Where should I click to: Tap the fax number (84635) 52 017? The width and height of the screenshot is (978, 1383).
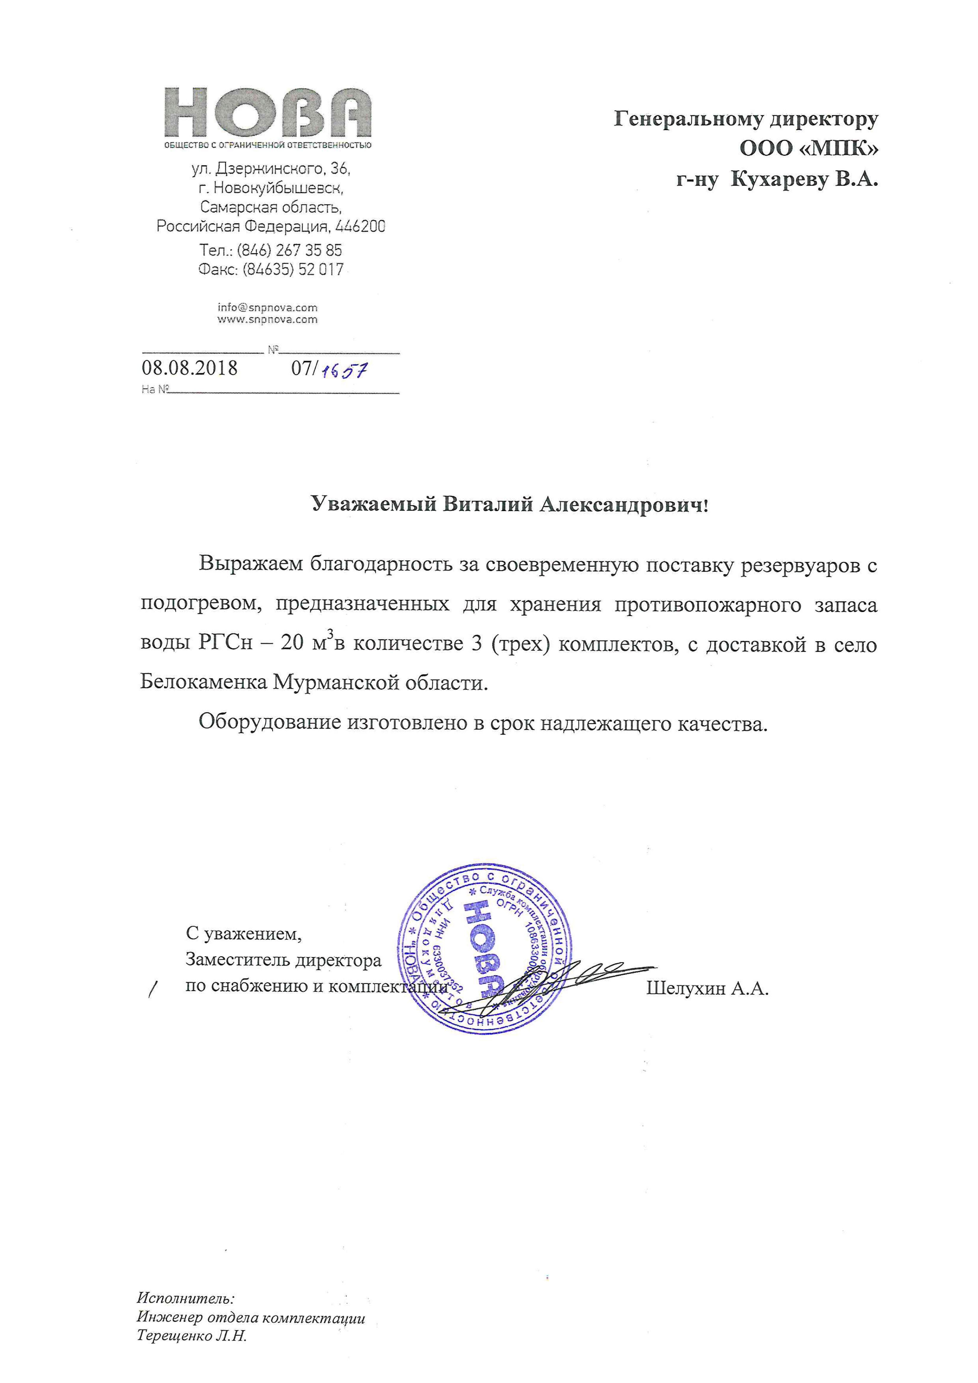pyautogui.click(x=293, y=269)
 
